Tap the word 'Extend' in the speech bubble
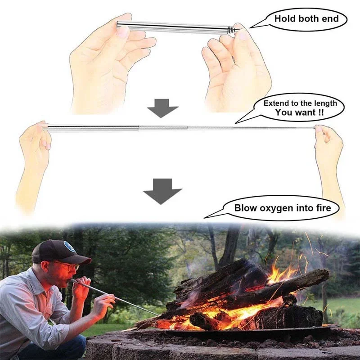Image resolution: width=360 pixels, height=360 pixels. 275,103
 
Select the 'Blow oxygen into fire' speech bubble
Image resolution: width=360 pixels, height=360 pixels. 282,208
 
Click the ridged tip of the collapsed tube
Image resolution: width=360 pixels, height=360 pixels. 232,30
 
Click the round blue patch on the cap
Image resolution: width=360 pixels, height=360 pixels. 69,247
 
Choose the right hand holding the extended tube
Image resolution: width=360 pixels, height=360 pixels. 328,144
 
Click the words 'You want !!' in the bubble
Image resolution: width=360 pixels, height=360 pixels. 299,112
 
